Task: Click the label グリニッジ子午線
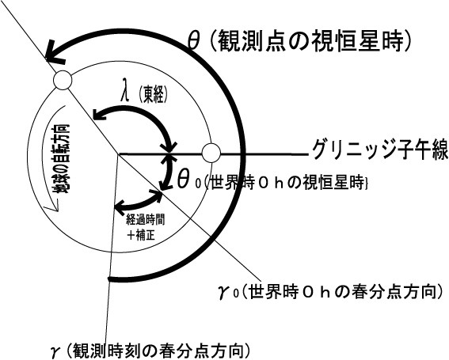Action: coord(379,149)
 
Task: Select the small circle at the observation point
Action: coord(63,81)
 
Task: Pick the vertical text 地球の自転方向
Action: coord(62,159)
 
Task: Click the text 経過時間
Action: coord(145,221)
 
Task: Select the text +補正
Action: coord(141,235)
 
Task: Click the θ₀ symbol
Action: coord(188,180)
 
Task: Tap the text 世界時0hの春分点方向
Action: coord(343,292)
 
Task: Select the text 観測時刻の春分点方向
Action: coord(159,350)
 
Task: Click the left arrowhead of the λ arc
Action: coord(100,113)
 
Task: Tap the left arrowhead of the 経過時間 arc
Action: coord(121,206)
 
